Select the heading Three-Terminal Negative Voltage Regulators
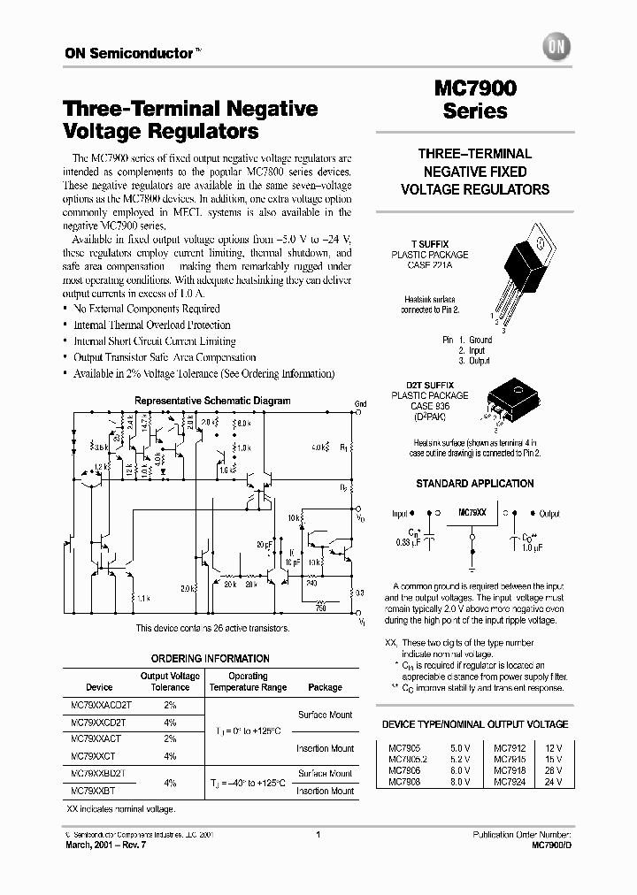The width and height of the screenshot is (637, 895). tap(191, 120)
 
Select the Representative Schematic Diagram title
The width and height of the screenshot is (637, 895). tap(212, 401)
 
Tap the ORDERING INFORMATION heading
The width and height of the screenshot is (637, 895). tap(210, 659)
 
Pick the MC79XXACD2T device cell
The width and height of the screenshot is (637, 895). tap(100, 705)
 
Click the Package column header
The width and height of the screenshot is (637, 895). tap(325, 687)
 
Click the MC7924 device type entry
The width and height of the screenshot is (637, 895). tap(510, 781)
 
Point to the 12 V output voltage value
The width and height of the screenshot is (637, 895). tap(554, 746)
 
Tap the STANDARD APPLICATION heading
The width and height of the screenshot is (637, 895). tap(475, 484)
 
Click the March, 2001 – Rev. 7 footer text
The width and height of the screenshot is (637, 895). tap(103, 845)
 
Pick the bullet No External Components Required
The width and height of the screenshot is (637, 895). tap(147, 309)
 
